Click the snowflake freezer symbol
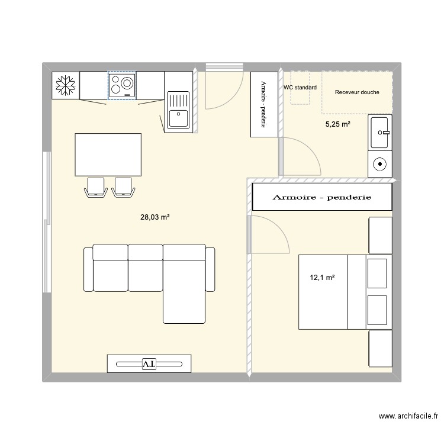coord(65,85)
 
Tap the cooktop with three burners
coord(121,85)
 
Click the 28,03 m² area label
coord(155,217)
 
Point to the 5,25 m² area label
coord(337,124)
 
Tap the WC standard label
coord(300,88)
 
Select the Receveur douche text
coord(356,92)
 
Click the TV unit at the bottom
coord(149,363)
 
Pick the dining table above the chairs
coord(108,155)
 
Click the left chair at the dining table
coord(95,186)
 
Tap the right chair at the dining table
coord(123,186)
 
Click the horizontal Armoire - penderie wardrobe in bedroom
coord(322,197)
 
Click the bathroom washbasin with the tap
coord(379,133)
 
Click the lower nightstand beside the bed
coord(380,348)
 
